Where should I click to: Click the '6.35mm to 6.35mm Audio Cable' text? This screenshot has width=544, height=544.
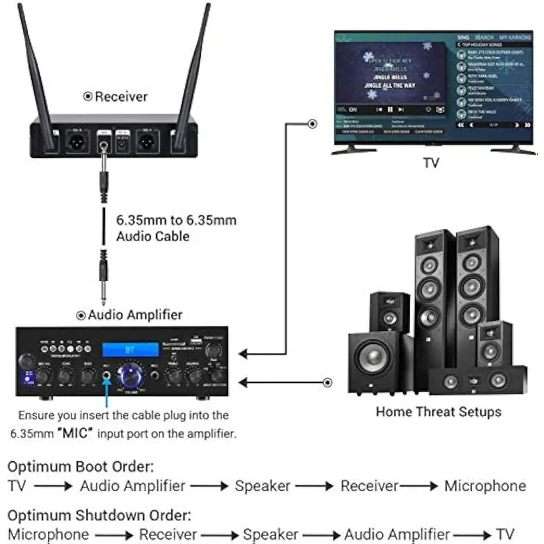[x=176, y=228]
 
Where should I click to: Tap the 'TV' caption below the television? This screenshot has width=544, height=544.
[x=431, y=163]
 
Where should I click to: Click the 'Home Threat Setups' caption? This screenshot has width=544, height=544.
[x=438, y=411]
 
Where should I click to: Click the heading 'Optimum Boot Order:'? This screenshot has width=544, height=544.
[x=81, y=466]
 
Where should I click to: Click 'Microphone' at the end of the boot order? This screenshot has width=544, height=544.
[x=485, y=486]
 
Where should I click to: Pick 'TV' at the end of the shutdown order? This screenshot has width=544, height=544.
[x=504, y=534]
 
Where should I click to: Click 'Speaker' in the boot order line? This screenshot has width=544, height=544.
[x=262, y=486]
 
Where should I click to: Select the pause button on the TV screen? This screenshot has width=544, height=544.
[x=390, y=109]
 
